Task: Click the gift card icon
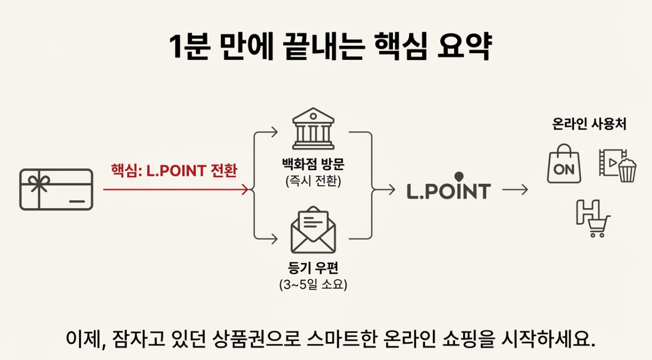[x=56, y=189]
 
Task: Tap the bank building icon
[x=313, y=130]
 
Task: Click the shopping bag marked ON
[x=564, y=164]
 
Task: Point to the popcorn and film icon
[x=617, y=164]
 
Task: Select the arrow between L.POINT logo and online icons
[x=515, y=190]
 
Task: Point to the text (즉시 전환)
[x=313, y=182]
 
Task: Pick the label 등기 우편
[x=313, y=267]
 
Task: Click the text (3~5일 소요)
[x=313, y=284]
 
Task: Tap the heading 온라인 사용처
[x=589, y=124]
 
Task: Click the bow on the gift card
[x=39, y=182]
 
